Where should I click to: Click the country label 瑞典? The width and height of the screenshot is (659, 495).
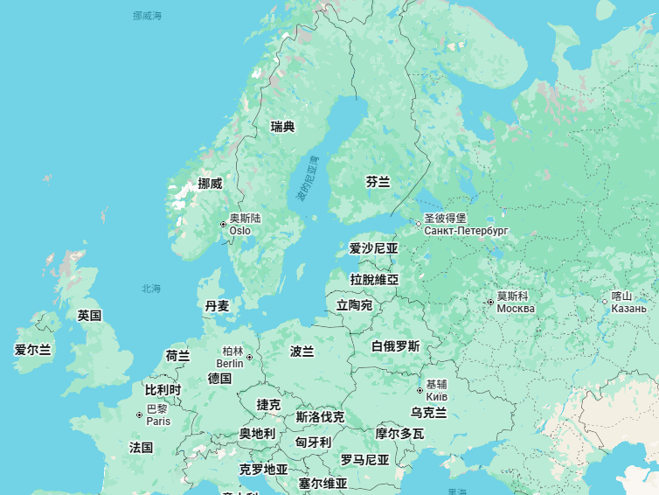[282, 127]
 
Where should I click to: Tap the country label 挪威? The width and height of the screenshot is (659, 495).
[210, 184]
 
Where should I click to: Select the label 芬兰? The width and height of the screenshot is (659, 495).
[378, 182]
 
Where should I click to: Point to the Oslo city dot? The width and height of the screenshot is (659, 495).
[223, 225]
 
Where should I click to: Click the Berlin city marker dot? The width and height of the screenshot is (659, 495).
[249, 357]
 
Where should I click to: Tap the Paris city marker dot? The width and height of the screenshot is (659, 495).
[139, 415]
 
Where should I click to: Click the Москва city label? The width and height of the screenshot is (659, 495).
[516, 309]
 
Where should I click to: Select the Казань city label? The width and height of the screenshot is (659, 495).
[628, 309]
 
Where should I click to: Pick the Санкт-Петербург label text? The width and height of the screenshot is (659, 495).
[466, 231]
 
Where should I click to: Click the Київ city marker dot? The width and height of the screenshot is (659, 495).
[420, 391]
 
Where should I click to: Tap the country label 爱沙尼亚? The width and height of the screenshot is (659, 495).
[373, 248]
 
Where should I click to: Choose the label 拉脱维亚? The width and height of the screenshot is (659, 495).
[374, 279]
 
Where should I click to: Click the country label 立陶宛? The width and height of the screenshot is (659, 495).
[354, 305]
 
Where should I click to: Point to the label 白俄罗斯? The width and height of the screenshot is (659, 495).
[395, 346]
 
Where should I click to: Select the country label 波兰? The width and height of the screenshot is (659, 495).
[302, 351]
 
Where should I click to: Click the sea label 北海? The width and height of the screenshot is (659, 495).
[151, 289]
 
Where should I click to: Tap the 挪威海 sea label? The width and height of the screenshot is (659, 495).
[148, 16]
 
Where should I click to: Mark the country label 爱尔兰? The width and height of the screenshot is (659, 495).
[32, 349]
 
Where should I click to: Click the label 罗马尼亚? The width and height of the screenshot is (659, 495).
[364, 460]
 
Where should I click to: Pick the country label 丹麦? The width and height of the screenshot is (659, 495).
[217, 306]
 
